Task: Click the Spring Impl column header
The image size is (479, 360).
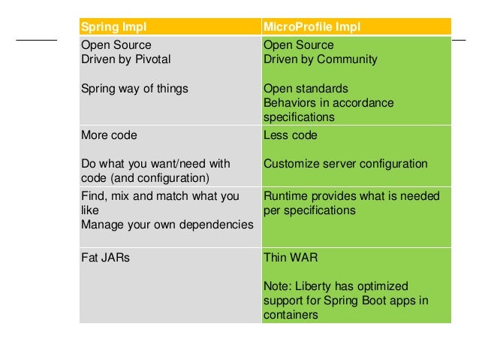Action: pyautogui.click(x=113, y=28)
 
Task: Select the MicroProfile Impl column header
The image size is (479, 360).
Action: pyautogui.click(x=312, y=28)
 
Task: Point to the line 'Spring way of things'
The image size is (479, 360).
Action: pyautogui.click(x=134, y=88)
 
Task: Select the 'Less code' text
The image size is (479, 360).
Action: pyautogui.click(x=291, y=135)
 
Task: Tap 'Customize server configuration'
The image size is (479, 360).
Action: pyautogui.click(x=345, y=164)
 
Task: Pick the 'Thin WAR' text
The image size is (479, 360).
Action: pyautogui.click(x=289, y=257)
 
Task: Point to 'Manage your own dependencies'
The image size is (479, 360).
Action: pyautogui.click(x=167, y=225)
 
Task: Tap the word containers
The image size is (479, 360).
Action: pyautogui.click(x=291, y=316)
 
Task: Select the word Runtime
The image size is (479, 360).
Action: pyautogui.click(x=284, y=196)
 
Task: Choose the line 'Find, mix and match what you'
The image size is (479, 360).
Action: pyautogui.click(x=160, y=196)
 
